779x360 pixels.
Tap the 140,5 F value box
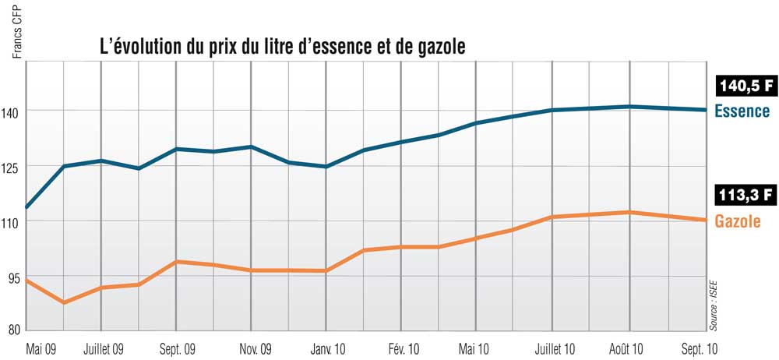743,87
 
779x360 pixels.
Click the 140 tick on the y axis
13,111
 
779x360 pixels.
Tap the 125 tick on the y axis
13,166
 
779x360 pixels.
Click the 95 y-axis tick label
14,275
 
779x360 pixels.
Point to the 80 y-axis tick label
14,330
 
